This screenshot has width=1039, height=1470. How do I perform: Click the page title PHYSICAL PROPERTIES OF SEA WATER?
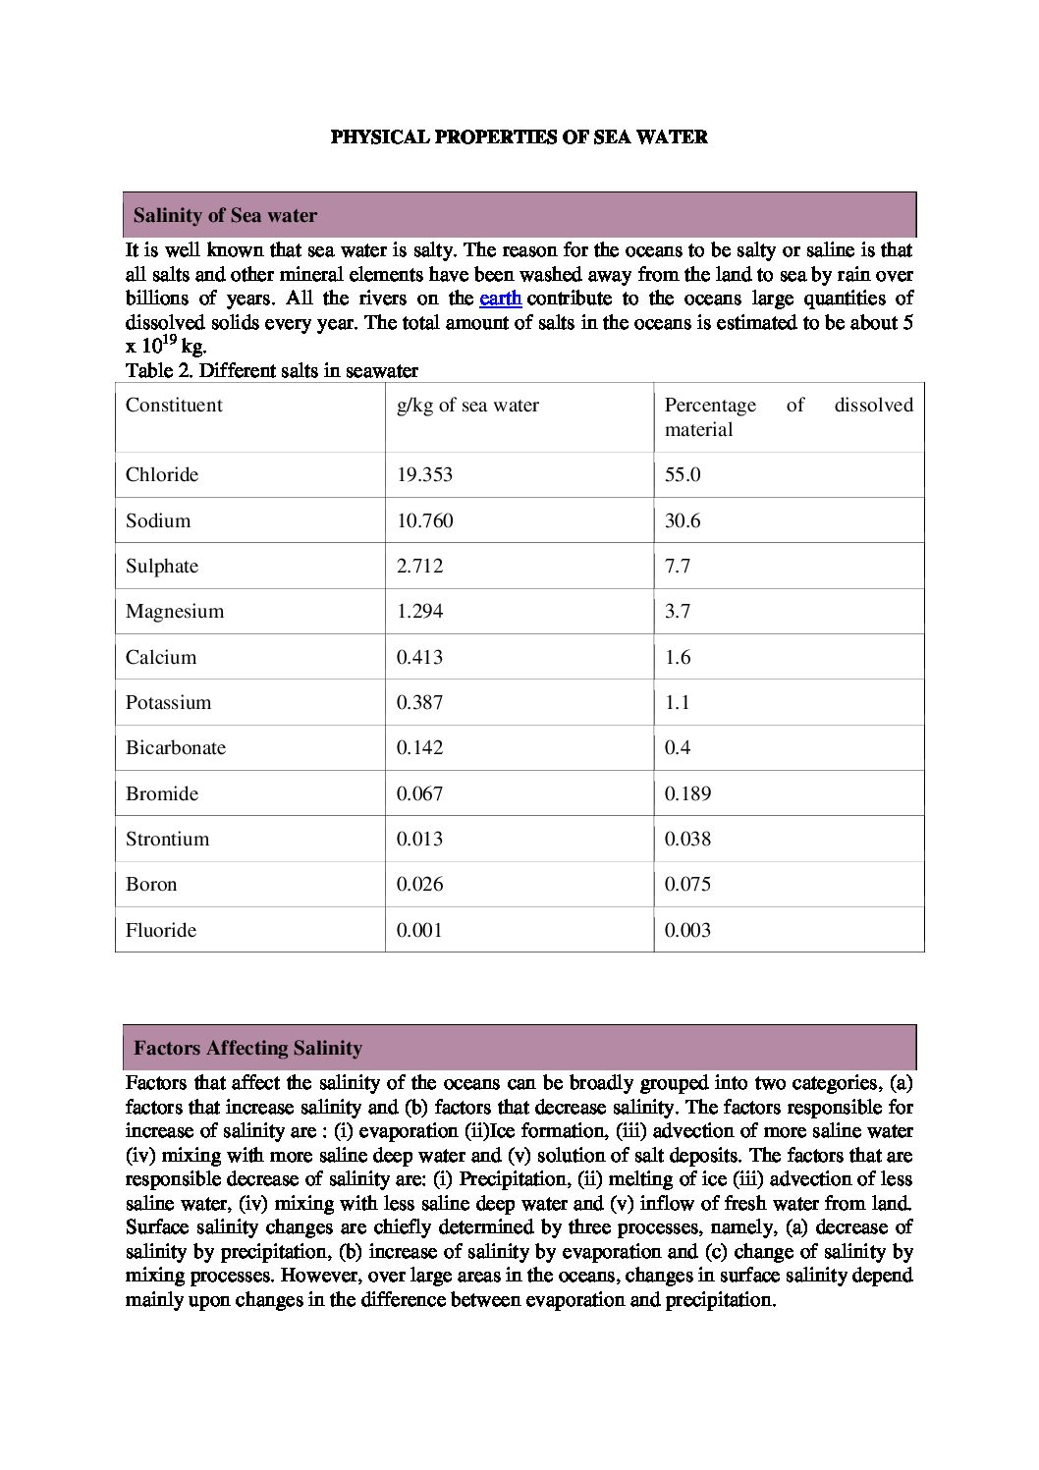coord(519,137)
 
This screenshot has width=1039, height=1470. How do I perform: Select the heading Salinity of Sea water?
coord(225,215)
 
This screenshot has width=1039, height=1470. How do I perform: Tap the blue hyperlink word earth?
coord(500,299)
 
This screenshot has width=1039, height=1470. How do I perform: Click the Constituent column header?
coord(174,406)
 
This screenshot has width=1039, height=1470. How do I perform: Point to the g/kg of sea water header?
coord(467,406)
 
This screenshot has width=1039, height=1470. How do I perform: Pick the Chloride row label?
coord(162,475)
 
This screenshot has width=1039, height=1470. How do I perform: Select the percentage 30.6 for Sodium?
coord(683,520)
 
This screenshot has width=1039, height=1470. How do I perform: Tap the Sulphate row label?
coord(162,567)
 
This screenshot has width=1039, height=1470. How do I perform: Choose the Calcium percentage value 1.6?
coord(678,657)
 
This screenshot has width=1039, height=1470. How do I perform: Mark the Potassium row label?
coord(168,703)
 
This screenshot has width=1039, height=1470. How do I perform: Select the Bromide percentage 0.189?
coord(687,793)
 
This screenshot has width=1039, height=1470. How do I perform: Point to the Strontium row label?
coord(167,840)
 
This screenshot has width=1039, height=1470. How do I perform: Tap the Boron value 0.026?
coord(419,885)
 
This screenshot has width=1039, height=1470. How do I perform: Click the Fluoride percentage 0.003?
coord(687,930)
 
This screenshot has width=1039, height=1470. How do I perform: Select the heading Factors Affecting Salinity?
coord(247,1049)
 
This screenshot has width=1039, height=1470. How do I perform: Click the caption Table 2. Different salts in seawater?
coord(272,371)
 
